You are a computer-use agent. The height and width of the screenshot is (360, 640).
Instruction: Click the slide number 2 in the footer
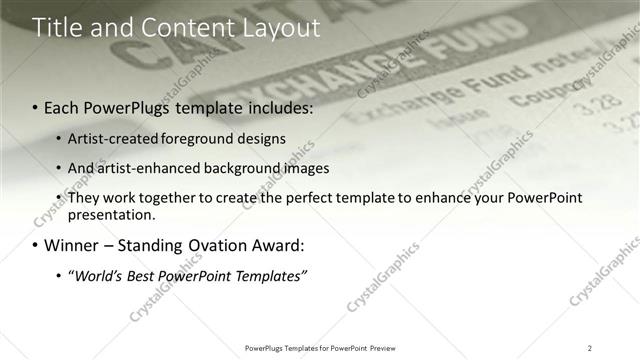(x=589, y=348)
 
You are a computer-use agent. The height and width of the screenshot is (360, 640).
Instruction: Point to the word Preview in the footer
(x=389, y=348)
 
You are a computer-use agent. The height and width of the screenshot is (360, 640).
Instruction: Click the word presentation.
(x=111, y=215)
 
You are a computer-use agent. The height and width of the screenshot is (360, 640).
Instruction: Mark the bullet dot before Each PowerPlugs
(x=36, y=107)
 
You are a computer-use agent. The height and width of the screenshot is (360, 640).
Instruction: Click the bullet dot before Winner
(x=36, y=245)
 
